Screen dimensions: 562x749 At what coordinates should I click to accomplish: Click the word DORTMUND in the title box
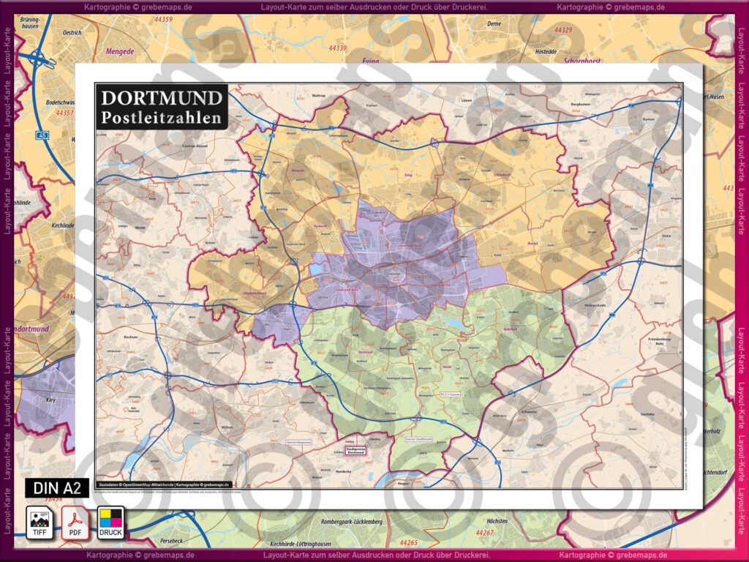coord(162,98)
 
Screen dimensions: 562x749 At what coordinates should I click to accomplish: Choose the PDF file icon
coord(75,522)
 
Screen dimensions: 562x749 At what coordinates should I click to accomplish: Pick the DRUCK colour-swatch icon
coord(111,522)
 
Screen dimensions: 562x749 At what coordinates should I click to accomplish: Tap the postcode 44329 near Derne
coord(563,31)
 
